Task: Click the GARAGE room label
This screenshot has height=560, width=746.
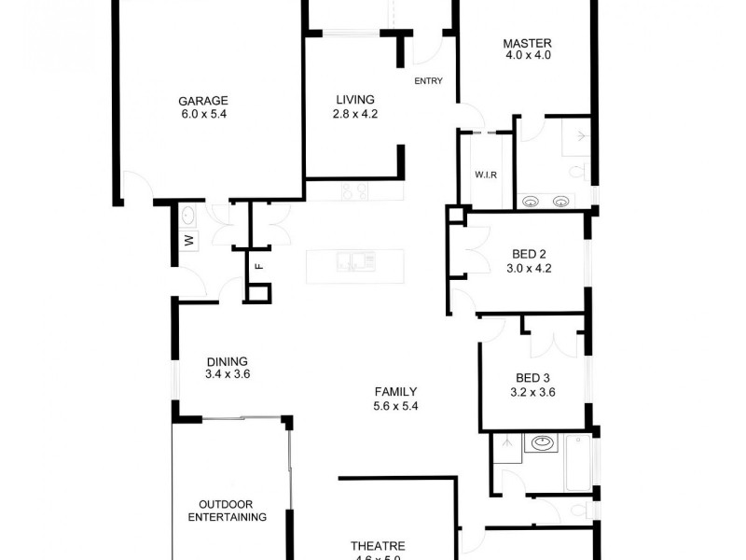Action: tap(203, 102)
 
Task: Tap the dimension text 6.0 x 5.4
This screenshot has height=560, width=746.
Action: tap(203, 115)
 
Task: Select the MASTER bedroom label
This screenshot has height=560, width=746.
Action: tap(527, 43)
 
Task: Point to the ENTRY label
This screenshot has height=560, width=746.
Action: tap(428, 81)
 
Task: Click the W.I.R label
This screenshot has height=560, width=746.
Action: tap(485, 175)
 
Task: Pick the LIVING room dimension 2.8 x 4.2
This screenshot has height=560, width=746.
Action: tap(355, 114)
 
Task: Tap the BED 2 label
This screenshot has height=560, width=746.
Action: tap(529, 254)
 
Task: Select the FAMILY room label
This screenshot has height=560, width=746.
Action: tap(395, 392)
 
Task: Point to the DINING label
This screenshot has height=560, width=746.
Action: tap(228, 361)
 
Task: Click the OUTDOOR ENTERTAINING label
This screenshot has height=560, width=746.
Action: tap(228, 510)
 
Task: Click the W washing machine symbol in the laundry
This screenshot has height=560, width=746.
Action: tap(187, 241)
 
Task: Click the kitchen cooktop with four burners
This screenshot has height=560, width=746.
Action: tap(353, 192)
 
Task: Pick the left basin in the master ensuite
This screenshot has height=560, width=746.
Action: tap(532, 200)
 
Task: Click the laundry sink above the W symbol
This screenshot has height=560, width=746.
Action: tap(187, 217)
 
